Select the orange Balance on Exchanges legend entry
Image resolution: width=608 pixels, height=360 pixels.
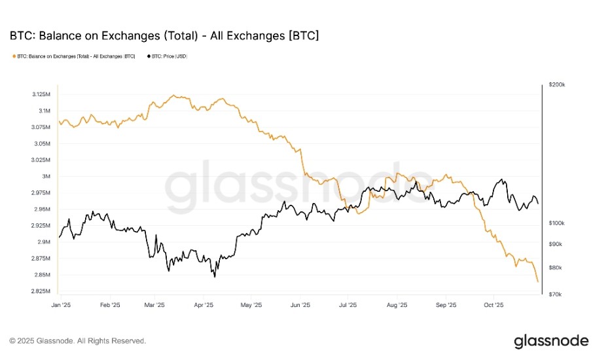(x=75, y=56)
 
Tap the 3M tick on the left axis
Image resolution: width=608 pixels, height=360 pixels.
(x=46, y=177)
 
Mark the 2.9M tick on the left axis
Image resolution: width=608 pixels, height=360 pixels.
(x=45, y=242)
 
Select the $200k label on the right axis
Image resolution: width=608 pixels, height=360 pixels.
(x=556, y=85)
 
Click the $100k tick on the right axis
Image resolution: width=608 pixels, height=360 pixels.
(x=556, y=223)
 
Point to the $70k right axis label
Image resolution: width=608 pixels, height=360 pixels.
(x=555, y=295)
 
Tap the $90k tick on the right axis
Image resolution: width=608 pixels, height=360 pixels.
(x=555, y=244)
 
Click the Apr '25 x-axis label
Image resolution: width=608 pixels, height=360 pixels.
(x=204, y=304)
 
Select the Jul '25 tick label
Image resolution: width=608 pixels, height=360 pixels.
(x=348, y=304)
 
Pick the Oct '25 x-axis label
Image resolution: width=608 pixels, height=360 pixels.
(x=493, y=304)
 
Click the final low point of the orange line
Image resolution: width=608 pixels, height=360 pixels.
(x=537, y=281)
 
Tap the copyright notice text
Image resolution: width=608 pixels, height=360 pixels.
(x=77, y=341)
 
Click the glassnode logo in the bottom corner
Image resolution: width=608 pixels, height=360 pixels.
(x=551, y=341)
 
